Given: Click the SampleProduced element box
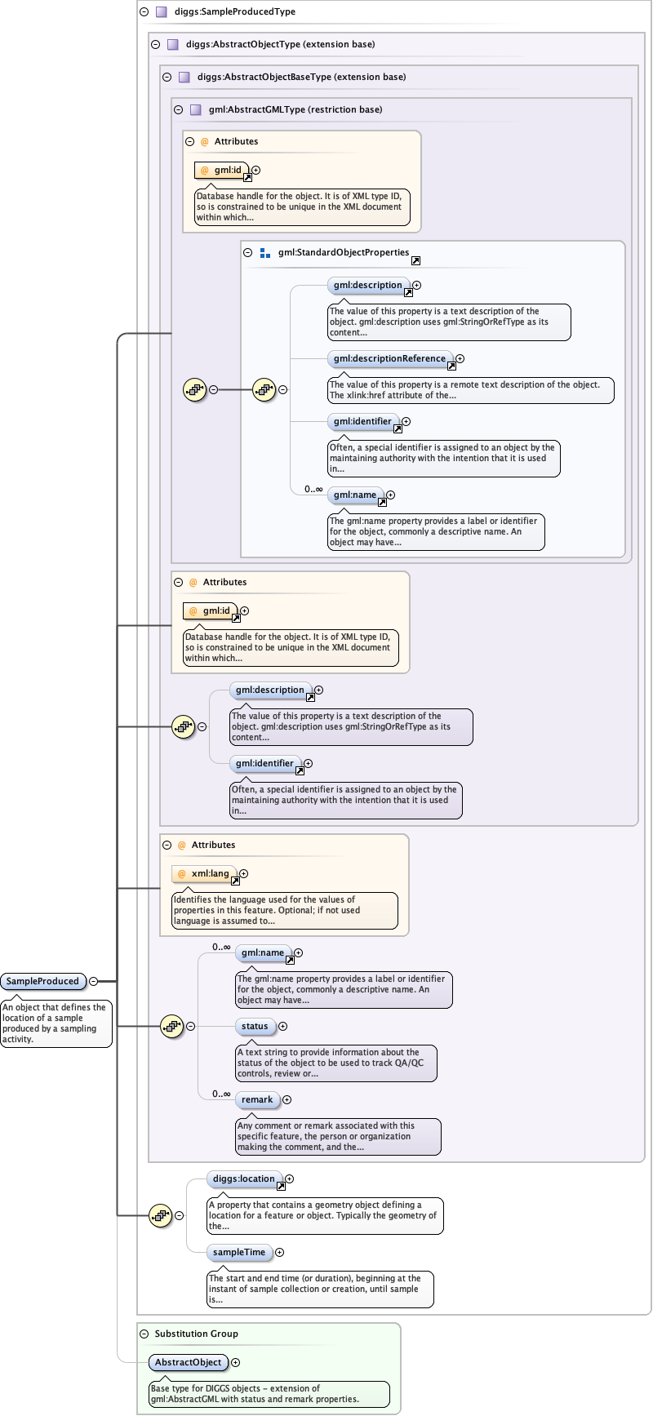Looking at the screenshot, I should tap(42, 981).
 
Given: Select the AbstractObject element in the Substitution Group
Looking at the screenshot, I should tap(188, 1362).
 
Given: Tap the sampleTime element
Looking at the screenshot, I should tap(239, 1252).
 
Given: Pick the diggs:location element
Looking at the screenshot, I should tap(244, 1179).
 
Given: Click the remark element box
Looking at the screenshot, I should tap(257, 1099).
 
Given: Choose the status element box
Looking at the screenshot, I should tap(255, 1026).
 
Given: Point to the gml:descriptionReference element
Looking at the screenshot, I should tap(389, 358).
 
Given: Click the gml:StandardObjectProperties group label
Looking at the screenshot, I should tap(343, 252).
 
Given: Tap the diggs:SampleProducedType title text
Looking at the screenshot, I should tap(234, 11).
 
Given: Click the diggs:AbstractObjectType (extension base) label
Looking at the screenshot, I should tap(280, 44).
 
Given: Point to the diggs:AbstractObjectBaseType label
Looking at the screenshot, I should tap(301, 77).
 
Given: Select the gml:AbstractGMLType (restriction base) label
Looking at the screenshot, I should tap(295, 109).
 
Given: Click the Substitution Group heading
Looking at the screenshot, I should tap(196, 1334).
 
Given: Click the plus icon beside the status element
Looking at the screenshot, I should tap(283, 1026).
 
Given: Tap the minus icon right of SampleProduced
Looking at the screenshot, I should tap(93, 981).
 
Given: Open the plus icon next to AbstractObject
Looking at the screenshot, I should tap(236, 1362).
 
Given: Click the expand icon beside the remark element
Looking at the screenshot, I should tap(287, 1099).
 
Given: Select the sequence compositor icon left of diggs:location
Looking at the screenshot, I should tap(161, 1215).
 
